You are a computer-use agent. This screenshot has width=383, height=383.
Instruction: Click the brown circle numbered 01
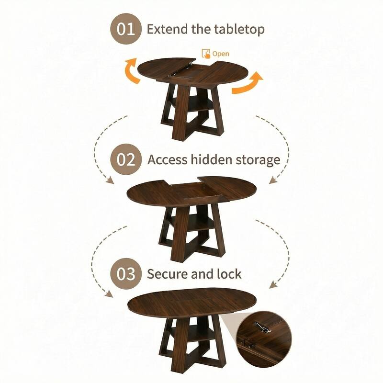point(127,29)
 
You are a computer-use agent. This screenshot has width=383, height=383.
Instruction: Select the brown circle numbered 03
point(127,274)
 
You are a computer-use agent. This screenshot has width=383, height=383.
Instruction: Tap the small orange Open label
point(221,54)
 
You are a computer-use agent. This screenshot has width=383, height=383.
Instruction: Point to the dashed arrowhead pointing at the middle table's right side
point(273,180)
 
